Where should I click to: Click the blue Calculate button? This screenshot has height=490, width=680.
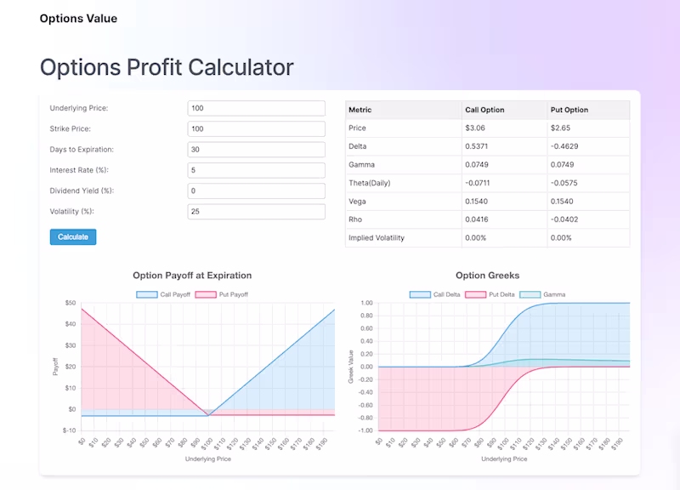[x=73, y=236]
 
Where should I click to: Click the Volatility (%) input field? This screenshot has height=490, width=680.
[x=256, y=211]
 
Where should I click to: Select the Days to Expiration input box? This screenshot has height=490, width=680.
[x=256, y=150]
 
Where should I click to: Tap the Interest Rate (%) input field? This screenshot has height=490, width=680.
[x=256, y=170]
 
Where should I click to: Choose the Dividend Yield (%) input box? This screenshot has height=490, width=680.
[x=256, y=191]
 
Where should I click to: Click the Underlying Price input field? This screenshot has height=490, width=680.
[x=256, y=108]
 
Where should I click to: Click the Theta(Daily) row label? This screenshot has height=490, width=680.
[x=370, y=183]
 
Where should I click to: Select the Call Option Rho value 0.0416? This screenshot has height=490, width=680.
[x=477, y=219]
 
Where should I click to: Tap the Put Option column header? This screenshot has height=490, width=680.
[x=569, y=110]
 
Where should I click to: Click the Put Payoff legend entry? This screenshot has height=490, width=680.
[x=222, y=294]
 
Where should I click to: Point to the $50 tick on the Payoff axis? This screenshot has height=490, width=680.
[x=70, y=303]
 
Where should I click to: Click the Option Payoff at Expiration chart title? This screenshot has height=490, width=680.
[x=192, y=276]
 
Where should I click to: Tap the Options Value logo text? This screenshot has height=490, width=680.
[x=78, y=19]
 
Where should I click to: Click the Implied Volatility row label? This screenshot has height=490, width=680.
[x=377, y=238]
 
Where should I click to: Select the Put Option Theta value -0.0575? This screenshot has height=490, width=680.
[x=564, y=183]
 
